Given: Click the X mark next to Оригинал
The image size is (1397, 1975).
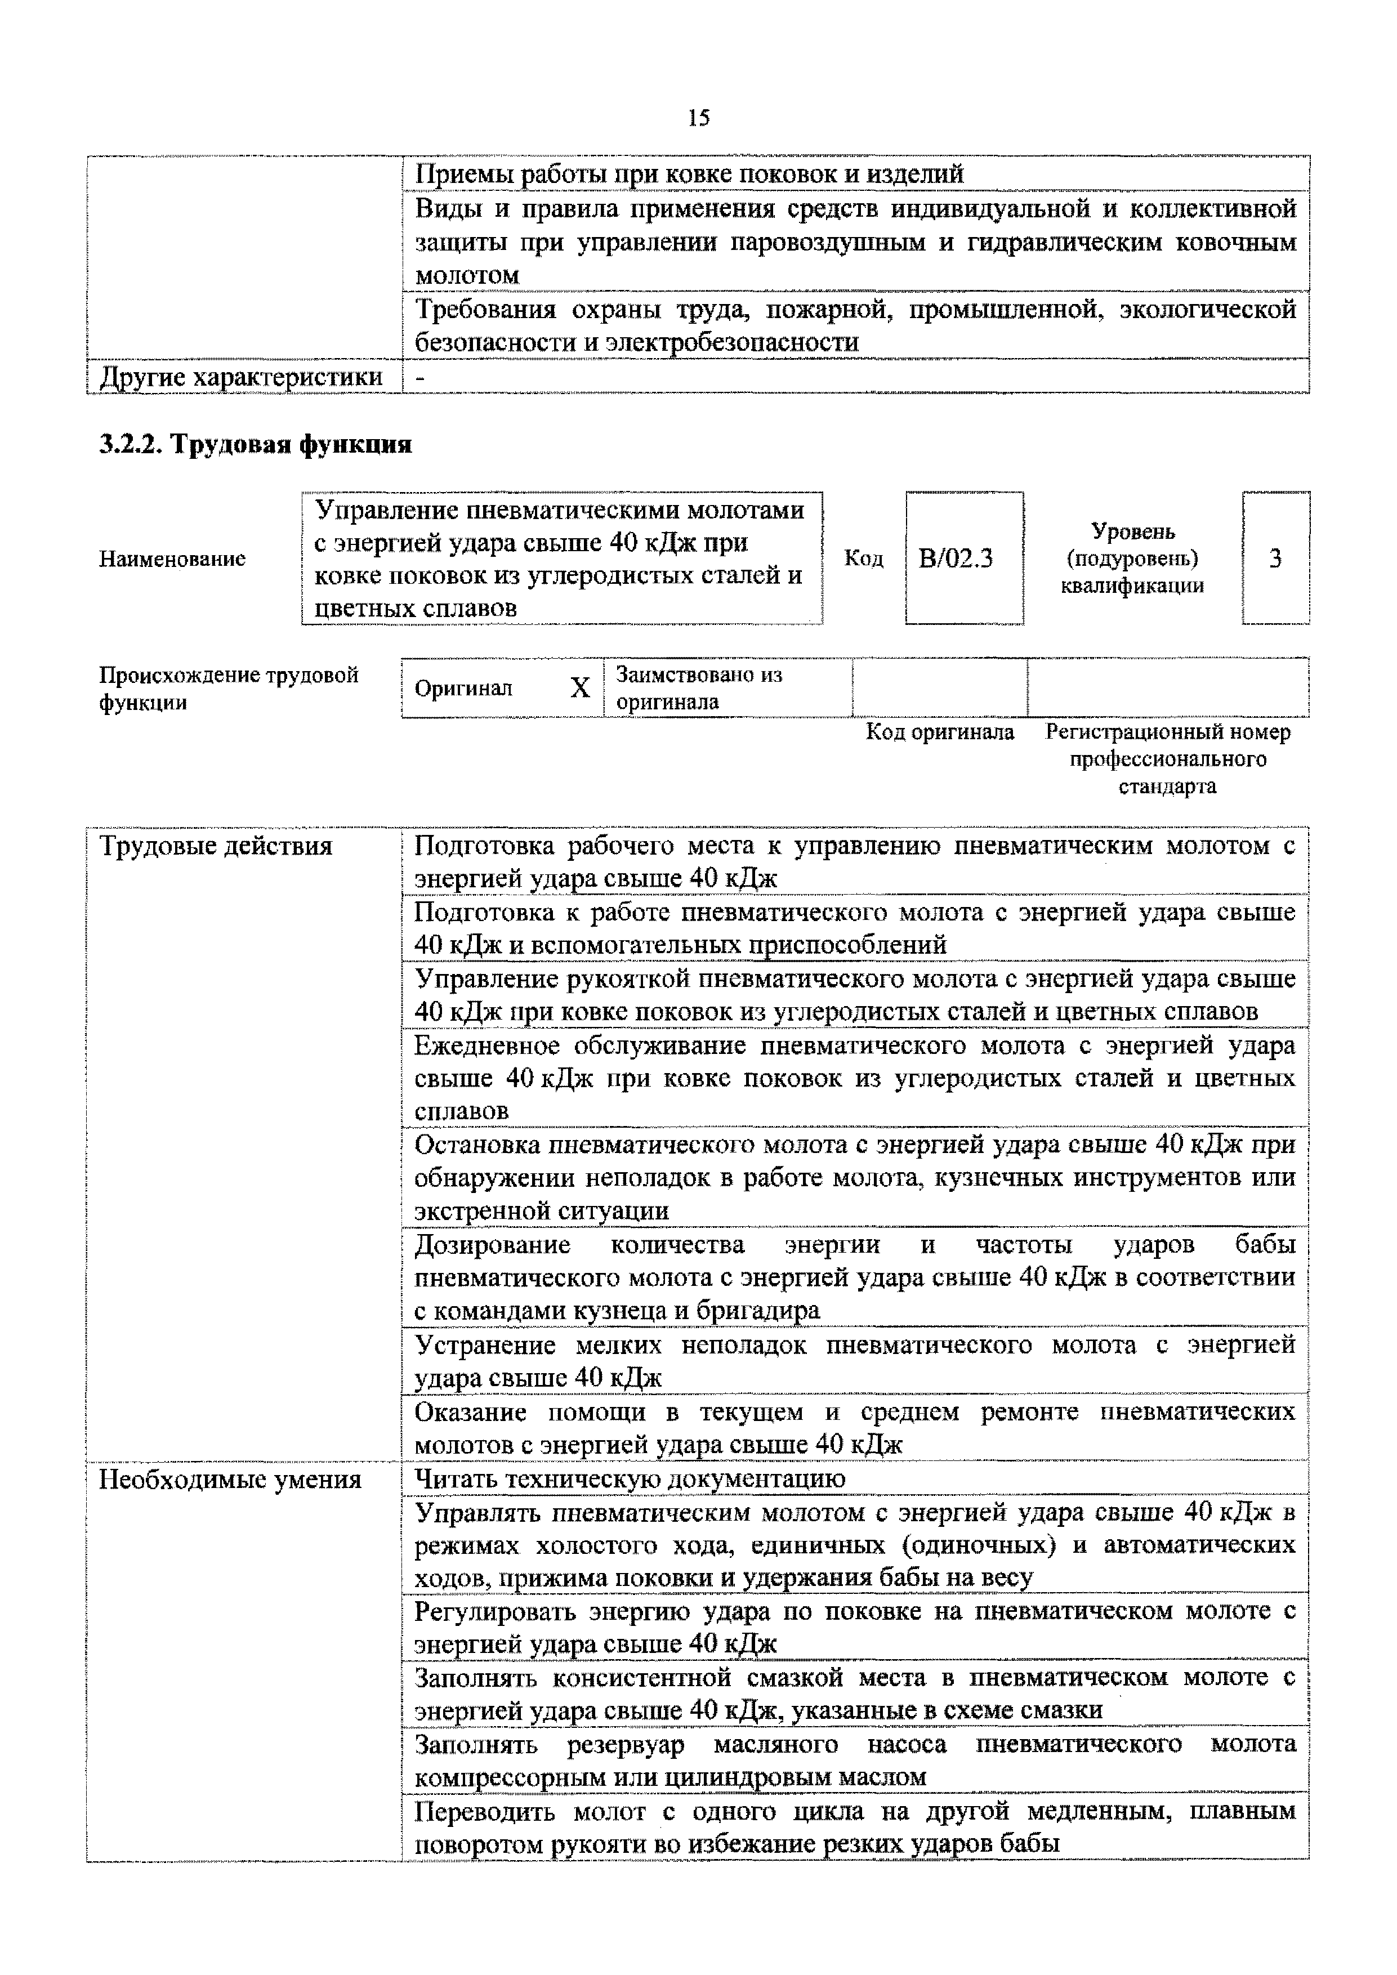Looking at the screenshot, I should pyautogui.click(x=581, y=688).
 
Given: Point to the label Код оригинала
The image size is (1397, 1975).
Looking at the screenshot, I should pyautogui.click(x=939, y=732).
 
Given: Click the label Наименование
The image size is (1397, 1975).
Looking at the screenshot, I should pyautogui.click(x=172, y=559).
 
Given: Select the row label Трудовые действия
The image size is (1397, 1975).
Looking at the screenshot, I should pyautogui.click(x=216, y=846).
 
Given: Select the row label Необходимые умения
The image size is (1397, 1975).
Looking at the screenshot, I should pyautogui.click(x=230, y=1480).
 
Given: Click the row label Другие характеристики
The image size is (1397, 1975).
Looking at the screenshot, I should pyautogui.click(x=242, y=377).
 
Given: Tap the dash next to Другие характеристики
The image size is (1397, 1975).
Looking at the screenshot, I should pyautogui.click(x=420, y=377).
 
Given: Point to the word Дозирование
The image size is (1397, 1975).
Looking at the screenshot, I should pyautogui.click(x=492, y=1245).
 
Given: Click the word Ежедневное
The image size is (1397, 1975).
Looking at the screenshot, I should pyautogui.click(x=487, y=1045).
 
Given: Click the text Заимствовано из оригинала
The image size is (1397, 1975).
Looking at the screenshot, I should pyautogui.click(x=698, y=688).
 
